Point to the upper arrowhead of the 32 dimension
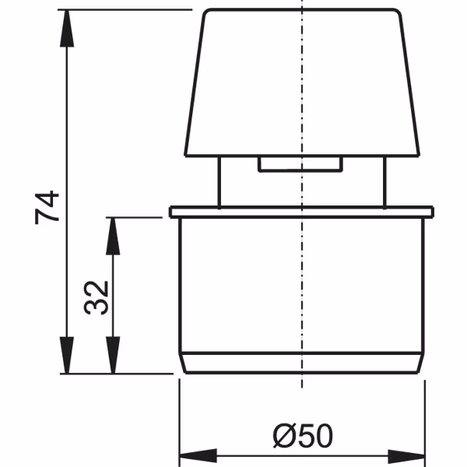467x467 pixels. tap(114, 228)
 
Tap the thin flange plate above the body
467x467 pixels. tap(300, 211)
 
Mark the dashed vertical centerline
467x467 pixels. tap(300, 257)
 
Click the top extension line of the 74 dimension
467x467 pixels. tap(125, 9)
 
